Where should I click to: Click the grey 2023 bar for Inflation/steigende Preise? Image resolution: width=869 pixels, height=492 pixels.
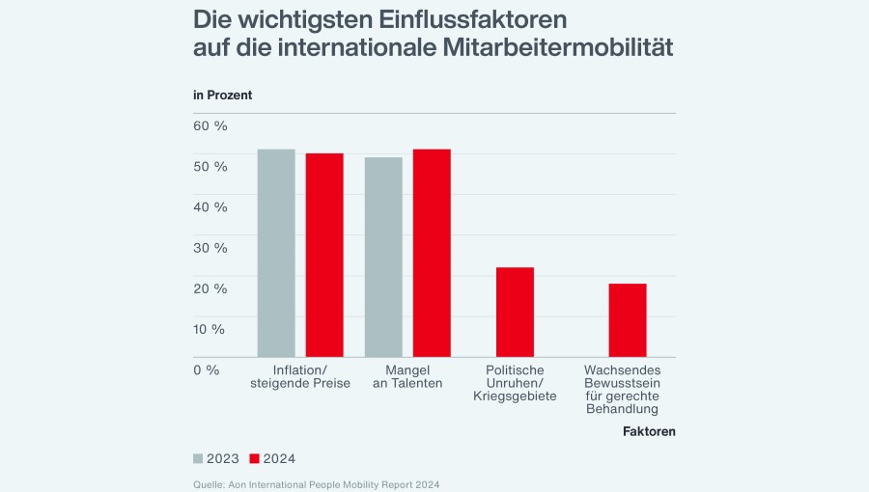pos(276,253)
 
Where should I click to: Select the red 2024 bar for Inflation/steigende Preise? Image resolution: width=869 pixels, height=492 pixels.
pos(324,255)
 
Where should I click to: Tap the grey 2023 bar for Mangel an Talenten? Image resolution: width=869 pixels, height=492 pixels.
pos(383,257)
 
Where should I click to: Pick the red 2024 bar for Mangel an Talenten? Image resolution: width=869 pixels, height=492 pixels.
pos(432,253)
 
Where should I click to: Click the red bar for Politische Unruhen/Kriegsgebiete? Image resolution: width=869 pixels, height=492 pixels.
pos(515,312)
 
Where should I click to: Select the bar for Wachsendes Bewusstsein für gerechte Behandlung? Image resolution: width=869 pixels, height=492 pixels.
pos(628,320)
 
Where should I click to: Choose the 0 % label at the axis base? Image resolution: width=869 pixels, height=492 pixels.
pos(208,369)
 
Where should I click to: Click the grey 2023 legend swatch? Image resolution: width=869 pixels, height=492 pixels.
pos(199,458)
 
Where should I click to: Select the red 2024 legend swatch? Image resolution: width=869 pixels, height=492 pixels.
pos(256,458)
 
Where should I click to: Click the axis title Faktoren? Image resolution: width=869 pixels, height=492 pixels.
pos(649,431)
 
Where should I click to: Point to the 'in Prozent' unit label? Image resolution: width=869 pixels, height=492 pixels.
pos(222,95)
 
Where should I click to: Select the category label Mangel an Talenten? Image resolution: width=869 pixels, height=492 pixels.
pos(407,376)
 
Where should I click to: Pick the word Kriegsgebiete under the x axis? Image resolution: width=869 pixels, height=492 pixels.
pos(515,396)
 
